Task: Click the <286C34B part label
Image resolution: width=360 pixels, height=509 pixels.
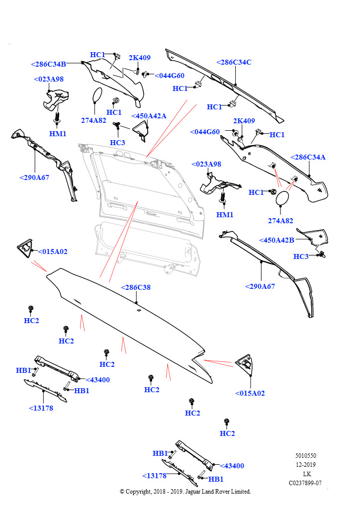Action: (48, 64)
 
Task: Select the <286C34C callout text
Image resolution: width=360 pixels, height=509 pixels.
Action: (234, 62)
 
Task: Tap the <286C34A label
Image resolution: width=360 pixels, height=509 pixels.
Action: (308, 157)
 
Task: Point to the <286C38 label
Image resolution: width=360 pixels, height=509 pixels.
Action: (136, 287)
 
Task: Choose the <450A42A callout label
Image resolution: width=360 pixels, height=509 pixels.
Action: (149, 116)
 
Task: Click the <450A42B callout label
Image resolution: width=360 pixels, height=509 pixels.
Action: (276, 240)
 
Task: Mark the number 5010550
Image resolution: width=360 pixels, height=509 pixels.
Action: (305, 456)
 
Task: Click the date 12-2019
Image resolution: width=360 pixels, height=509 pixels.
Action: (305, 465)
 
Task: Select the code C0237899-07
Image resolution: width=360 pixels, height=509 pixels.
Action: (305, 483)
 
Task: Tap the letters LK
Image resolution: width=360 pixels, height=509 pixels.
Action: (307, 474)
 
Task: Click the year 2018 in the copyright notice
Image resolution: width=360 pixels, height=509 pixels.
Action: (160, 492)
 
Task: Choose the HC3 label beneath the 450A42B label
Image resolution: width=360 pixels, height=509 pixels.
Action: (301, 256)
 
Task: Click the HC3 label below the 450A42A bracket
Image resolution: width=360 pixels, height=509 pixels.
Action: (117, 143)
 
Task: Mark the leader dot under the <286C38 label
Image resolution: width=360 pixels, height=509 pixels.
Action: (136, 302)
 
